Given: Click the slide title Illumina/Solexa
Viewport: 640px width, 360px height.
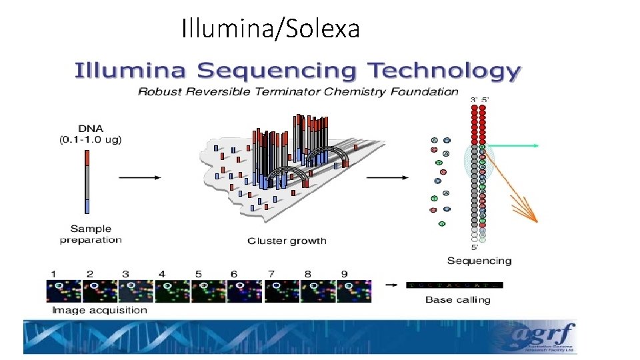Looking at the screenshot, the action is pos(270,29).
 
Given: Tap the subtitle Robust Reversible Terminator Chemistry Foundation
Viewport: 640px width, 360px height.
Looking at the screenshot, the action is pos(298,91).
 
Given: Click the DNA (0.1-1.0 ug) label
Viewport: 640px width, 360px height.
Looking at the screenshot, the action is pos(91,133).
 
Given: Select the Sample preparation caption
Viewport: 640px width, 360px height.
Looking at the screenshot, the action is pos(91,234).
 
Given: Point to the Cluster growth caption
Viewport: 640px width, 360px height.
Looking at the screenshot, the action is pos(287,240).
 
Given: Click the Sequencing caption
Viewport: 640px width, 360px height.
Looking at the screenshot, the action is pos(479,261).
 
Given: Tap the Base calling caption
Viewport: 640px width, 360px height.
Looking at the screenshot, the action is pos(457,299).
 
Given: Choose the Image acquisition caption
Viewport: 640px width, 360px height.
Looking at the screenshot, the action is pos(99,309).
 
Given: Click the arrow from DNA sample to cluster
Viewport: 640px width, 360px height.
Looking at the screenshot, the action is pos(139,177).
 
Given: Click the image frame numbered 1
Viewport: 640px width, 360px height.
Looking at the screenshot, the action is pos(63,291).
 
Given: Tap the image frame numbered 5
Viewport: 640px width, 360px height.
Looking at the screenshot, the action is pos(209,291).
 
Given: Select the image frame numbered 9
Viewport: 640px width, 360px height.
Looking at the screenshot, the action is pos(353,291).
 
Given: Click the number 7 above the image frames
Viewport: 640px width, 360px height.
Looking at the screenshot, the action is pos(271,273).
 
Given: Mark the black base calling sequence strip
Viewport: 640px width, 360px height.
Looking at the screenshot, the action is pos(454,285).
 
